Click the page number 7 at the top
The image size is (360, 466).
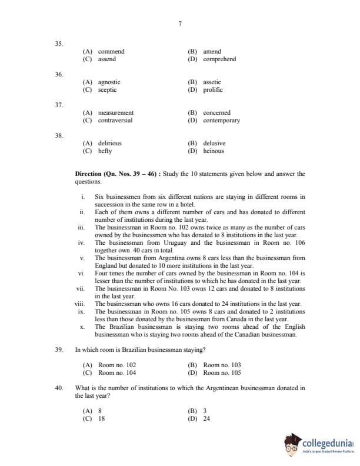179,24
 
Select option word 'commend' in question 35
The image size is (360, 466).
111,52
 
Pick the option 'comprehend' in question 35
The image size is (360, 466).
219,59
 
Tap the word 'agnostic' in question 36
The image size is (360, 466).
109,82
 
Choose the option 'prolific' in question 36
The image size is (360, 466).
213,90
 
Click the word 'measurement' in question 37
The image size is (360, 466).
115,113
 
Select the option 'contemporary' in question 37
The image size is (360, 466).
221,121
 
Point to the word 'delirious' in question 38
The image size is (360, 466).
109,144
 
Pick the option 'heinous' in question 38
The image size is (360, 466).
214,151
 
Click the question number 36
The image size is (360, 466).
59,75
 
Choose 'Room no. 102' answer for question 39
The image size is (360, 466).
117,365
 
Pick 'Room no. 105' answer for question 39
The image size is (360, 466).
222,373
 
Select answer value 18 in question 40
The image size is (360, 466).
102,419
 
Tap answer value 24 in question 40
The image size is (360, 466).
206,419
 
